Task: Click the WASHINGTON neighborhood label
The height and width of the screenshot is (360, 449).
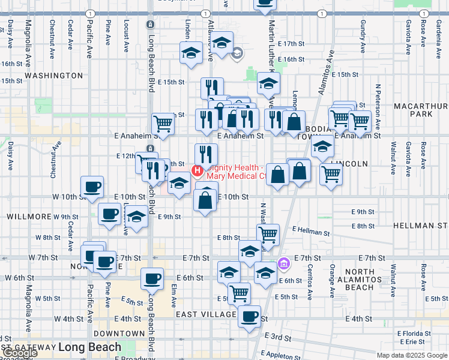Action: [x=54, y=76]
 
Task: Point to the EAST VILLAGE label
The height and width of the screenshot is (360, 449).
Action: [x=206, y=314]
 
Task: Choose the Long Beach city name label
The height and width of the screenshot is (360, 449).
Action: [x=89, y=347]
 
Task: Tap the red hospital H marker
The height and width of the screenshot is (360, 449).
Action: [x=196, y=172]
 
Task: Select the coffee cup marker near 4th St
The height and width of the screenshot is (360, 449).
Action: [x=249, y=316]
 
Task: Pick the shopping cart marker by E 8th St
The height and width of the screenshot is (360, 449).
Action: [x=268, y=234]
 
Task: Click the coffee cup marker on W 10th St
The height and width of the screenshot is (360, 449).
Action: [x=92, y=187]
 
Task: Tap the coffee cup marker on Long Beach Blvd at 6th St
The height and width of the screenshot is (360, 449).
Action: [x=152, y=278]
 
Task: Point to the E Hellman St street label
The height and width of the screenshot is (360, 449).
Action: [x=311, y=230]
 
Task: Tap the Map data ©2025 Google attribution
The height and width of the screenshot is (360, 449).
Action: [x=412, y=355]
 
